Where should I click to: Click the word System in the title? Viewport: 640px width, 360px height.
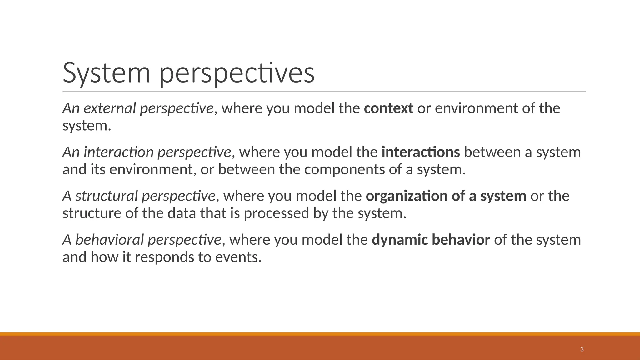(107, 73)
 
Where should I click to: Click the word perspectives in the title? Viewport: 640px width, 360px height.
(237, 73)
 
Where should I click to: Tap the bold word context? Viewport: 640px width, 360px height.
(388, 108)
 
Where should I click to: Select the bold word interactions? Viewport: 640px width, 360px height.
(421, 152)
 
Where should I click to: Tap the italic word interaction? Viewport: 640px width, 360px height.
(118, 152)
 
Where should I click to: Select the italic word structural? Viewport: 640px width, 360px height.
(106, 196)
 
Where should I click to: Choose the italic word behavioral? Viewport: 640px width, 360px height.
(109, 240)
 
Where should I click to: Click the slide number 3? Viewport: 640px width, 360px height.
(582, 349)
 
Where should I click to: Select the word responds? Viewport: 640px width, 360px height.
(164, 257)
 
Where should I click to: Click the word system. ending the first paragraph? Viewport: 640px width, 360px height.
(87, 126)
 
